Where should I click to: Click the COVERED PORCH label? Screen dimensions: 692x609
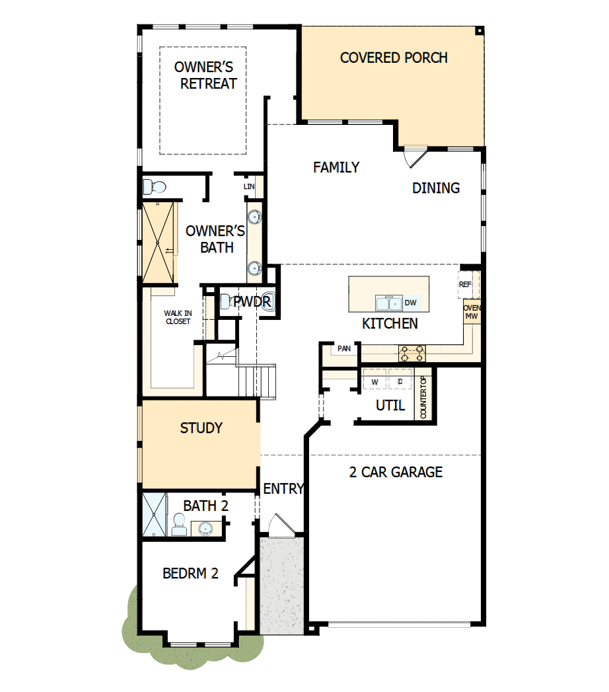pyautogui.click(x=394, y=58)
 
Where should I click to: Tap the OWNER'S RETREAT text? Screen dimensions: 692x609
pyautogui.click(x=205, y=75)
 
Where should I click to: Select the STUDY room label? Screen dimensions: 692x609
pyautogui.click(x=201, y=428)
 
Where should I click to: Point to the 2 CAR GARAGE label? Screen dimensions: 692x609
pyautogui.click(x=396, y=472)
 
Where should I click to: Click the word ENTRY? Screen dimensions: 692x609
pyautogui.click(x=283, y=489)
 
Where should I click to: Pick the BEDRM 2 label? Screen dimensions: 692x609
pyautogui.click(x=190, y=573)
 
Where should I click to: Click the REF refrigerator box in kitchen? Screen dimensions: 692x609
pyautogui.click(x=466, y=284)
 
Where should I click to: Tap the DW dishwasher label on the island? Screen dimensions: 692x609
pyautogui.click(x=410, y=303)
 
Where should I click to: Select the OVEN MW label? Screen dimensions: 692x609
pyautogui.click(x=471, y=313)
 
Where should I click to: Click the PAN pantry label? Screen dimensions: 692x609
pyautogui.click(x=343, y=348)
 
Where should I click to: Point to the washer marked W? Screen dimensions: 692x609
pyautogui.click(x=375, y=382)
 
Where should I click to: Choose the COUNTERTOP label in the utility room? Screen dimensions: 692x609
pyautogui.click(x=423, y=397)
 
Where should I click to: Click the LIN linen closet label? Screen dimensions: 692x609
pyautogui.click(x=249, y=187)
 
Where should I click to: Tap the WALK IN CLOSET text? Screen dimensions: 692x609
pyautogui.click(x=178, y=317)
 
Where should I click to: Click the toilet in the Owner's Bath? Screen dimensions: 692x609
pyautogui.click(x=151, y=186)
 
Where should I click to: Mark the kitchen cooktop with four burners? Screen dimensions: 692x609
pyautogui.click(x=412, y=354)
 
